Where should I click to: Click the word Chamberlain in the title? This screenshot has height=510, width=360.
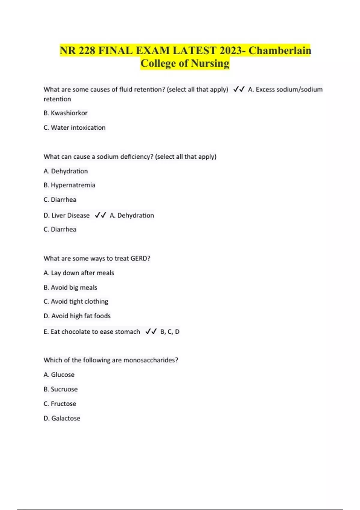pos(280,50)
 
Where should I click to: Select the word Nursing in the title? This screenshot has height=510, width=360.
pos(210,63)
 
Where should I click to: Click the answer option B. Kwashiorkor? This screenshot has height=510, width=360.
pos(65,113)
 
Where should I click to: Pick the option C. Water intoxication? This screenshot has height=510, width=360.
pos(74,127)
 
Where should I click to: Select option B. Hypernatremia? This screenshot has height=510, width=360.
pos(69,185)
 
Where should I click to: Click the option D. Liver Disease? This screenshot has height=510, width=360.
pos(66,215)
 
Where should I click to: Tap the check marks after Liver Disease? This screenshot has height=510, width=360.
pos(100,215)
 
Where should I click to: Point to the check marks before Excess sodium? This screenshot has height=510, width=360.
pos(239,89)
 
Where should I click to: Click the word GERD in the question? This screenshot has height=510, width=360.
pos(140,258)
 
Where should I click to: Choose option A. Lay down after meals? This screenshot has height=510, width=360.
pos(79,273)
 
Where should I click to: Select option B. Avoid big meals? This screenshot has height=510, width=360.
pos(70,287)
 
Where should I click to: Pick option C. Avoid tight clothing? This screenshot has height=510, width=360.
pos(76,301)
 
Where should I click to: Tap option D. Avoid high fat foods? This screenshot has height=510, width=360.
pos(77,316)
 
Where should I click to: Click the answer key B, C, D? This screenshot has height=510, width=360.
pos(170,332)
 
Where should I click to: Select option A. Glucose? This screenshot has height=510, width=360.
pos(59,375)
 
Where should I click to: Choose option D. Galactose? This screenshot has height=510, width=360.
pos(62,418)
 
